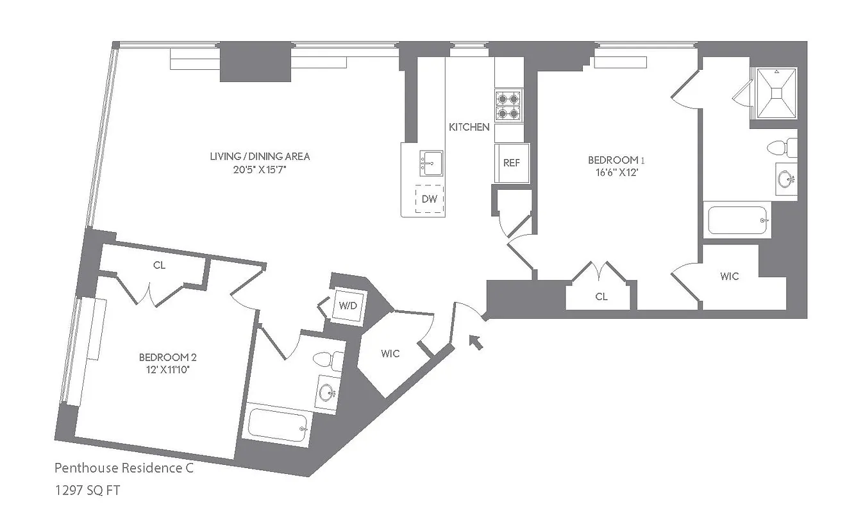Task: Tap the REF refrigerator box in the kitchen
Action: [511, 163]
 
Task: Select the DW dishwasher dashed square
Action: [429, 199]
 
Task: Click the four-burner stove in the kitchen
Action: [508, 105]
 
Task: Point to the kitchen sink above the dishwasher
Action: [430, 163]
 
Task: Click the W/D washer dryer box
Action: [348, 305]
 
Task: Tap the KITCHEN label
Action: [469, 127]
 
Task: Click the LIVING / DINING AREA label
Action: [260, 156]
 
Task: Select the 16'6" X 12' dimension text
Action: [614, 172]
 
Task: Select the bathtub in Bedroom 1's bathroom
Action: [738, 220]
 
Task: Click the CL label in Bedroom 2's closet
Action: [159, 265]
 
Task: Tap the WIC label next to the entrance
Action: [390, 353]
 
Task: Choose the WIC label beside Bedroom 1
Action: [729, 276]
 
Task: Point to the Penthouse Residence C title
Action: [123, 468]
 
